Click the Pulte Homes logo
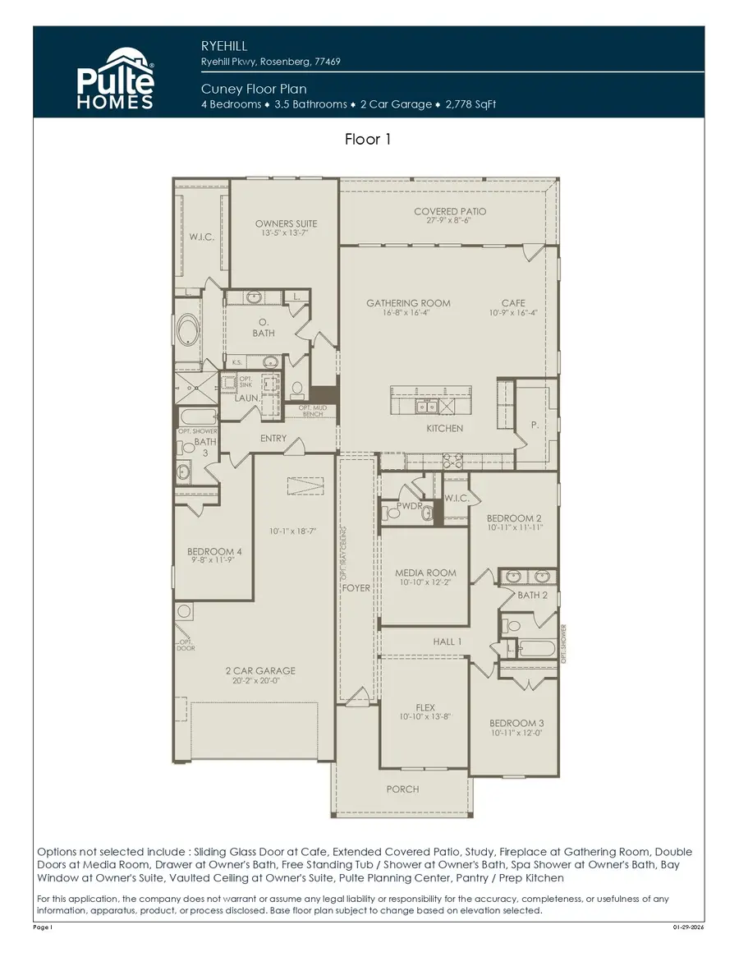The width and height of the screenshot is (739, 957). pyautogui.click(x=115, y=78)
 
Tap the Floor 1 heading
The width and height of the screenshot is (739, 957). pyautogui.click(x=368, y=140)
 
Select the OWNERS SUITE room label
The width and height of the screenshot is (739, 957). pyautogui.click(x=286, y=223)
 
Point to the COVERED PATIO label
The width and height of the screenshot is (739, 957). pyautogui.click(x=450, y=212)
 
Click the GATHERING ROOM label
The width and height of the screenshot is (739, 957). pyautogui.click(x=408, y=303)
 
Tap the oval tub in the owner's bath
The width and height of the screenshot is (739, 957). pyautogui.click(x=188, y=330)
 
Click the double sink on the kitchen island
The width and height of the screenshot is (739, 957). pyautogui.click(x=426, y=405)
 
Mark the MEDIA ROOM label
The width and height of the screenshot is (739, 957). pyautogui.click(x=425, y=573)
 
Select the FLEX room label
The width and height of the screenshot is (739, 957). pyautogui.click(x=425, y=707)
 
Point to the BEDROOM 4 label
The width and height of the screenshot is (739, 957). pyautogui.click(x=214, y=551)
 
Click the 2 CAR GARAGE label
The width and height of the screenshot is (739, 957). pyautogui.click(x=260, y=671)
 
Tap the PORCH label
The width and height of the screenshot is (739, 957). pyautogui.click(x=402, y=789)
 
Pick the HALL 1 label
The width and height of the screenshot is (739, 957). pyautogui.click(x=448, y=642)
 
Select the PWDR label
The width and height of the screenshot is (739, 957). pyautogui.click(x=409, y=507)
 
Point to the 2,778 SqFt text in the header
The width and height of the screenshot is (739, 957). pyautogui.click(x=470, y=104)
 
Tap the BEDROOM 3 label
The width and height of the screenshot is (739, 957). pyautogui.click(x=517, y=723)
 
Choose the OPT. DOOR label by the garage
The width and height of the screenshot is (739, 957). pyautogui.click(x=186, y=645)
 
